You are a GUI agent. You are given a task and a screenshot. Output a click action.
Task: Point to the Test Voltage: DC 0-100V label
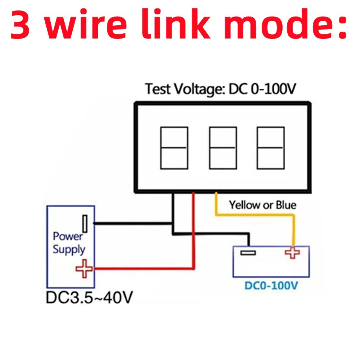(220, 89)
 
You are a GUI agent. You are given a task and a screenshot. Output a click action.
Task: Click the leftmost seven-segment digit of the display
(174, 148)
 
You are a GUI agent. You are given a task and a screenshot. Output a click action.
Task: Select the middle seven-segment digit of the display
(223, 148)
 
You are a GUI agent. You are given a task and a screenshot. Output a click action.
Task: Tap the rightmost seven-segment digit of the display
(270, 148)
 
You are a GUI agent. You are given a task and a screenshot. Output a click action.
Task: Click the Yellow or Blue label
(263, 205)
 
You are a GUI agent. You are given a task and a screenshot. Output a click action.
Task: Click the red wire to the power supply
(144, 268)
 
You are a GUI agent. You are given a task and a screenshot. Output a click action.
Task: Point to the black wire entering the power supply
(133, 224)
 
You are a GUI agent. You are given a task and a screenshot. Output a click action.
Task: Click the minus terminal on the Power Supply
(85, 224)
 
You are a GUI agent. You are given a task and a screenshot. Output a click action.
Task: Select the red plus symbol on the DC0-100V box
(292, 252)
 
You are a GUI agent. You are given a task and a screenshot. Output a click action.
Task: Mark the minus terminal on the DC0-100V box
(248, 253)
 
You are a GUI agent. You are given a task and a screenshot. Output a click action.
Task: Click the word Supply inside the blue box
(69, 249)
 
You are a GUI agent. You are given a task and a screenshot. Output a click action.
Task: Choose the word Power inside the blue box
(68, 237)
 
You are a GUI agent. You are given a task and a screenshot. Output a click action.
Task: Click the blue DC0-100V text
(271, 286)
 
